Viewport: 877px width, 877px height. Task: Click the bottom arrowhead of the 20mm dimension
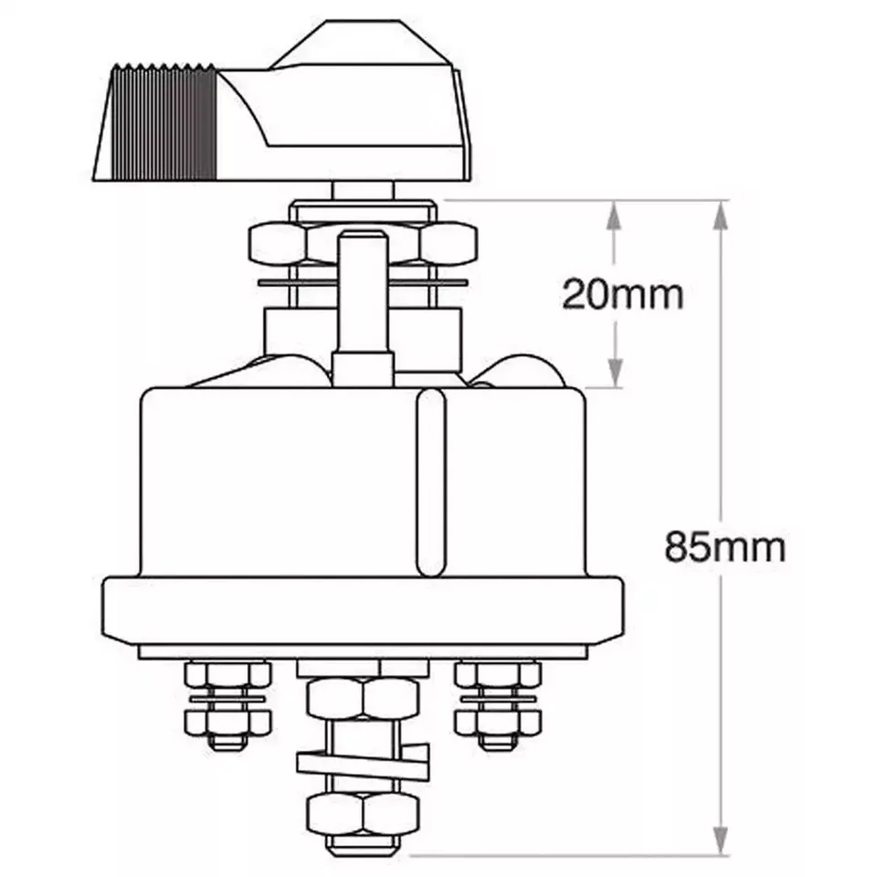tap(614, 374)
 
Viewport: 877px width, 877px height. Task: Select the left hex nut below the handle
tap(278, 243)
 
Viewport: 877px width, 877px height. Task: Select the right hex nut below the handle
tap(448, 243)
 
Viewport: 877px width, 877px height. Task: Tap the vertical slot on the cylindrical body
tap(428, 484)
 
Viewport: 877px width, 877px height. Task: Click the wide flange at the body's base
tap(365, 611)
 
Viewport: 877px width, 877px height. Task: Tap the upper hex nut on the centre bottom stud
tap(363, 700)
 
